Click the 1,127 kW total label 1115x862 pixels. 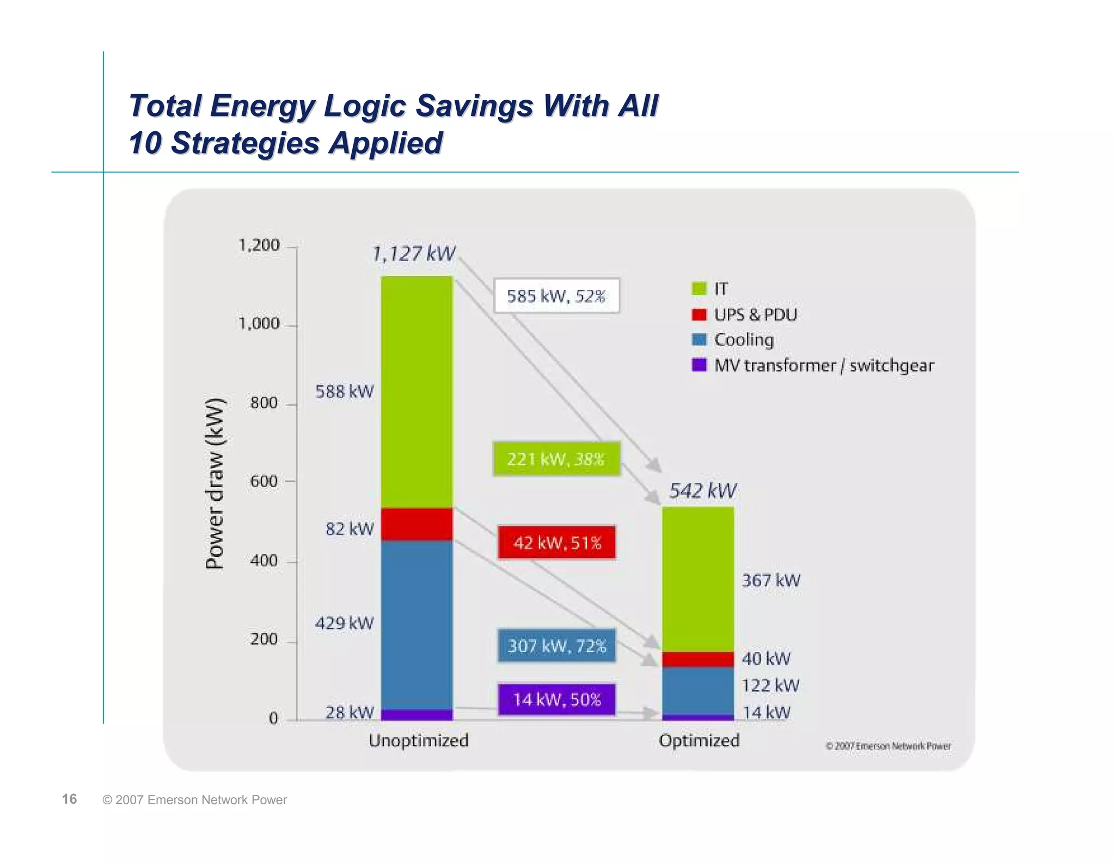[413, 254]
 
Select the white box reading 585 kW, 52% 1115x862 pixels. [556, 296]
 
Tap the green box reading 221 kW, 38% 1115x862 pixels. [556, 459]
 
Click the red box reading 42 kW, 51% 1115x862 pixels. [556, 543]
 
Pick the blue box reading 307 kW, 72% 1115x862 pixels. [556, 646]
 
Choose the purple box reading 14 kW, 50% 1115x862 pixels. [556, 700]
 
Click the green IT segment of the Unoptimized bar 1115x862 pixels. [416, 392]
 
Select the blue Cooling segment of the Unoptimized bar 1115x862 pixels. [416, 624]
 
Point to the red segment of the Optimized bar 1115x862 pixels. [698, 659]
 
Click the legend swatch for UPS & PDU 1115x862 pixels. [699, 314]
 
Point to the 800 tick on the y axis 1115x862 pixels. [264, 403]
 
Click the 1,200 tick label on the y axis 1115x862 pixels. [259, 245]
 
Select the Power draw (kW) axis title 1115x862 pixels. [215, 484]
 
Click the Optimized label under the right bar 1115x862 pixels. [699, 740]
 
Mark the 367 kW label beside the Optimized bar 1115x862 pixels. [771, 580]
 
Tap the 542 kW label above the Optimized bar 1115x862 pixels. [702, 491]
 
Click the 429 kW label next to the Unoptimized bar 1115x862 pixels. [344, 623]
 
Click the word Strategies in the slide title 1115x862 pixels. [245, 143]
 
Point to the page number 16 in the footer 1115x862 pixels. [69, 799]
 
